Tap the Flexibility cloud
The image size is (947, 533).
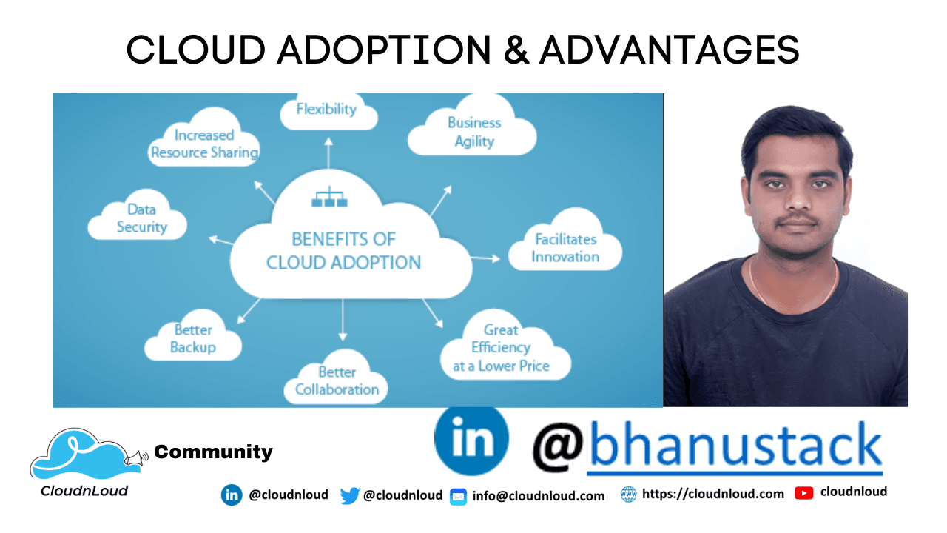pos(327,111)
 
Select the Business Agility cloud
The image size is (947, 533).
pos(473,130)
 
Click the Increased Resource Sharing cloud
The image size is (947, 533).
pos(204,143)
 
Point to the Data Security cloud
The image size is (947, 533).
pos(140,219)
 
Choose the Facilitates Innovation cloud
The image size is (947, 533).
pos(565,248)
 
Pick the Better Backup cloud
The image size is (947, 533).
pos(193,338)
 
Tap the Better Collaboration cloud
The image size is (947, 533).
pos(337,381)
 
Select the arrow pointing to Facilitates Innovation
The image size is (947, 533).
pos(485,258)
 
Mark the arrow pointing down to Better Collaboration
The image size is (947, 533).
pos(343,323)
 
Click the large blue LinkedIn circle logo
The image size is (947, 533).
pos(471,440)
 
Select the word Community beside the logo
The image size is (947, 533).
pos(213,452)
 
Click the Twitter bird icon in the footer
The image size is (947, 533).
pos(349,495)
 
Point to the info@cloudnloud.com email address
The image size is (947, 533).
pos(538,496)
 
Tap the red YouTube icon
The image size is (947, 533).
pos(804,493)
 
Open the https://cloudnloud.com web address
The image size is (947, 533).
pos(712,494)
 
